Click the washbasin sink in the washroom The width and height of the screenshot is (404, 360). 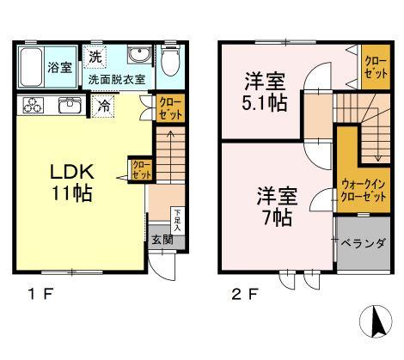point(138,57)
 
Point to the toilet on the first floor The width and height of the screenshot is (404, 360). point(169,62)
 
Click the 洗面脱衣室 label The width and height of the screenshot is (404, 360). point(117,80)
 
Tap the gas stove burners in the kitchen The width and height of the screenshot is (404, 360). point(34,107)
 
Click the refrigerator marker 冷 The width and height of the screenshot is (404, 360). point(103,107)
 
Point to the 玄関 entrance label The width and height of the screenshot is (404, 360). point(162,240)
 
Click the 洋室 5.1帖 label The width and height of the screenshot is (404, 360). point(264,91)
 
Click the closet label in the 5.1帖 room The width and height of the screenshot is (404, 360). point(375,66)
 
